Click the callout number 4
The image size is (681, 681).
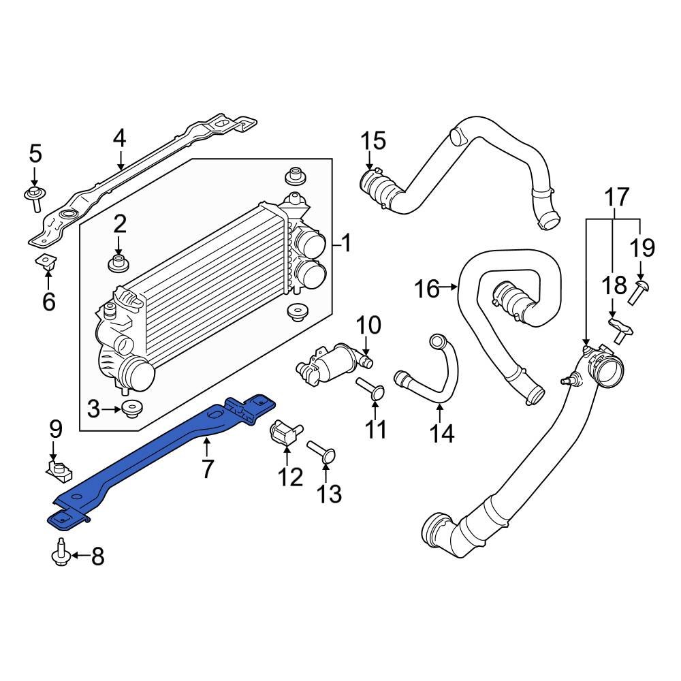point(120,139)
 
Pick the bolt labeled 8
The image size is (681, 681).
point(61,554)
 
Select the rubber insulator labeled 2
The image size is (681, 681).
point(119,262)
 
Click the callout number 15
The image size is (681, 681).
point(373,141)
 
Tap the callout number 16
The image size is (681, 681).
point(428,289)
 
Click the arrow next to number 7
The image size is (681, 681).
point(206,447)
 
